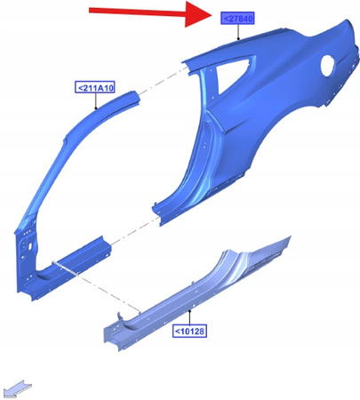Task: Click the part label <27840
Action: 237,19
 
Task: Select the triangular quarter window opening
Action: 229,75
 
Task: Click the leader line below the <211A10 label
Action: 99,100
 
